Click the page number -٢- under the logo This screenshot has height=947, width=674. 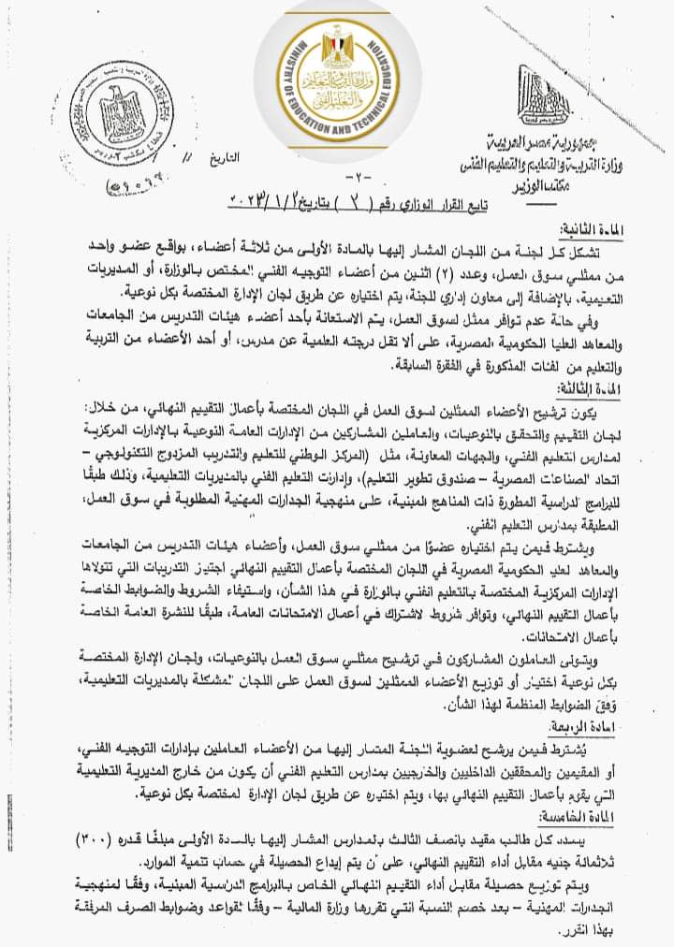click(340, 179)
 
